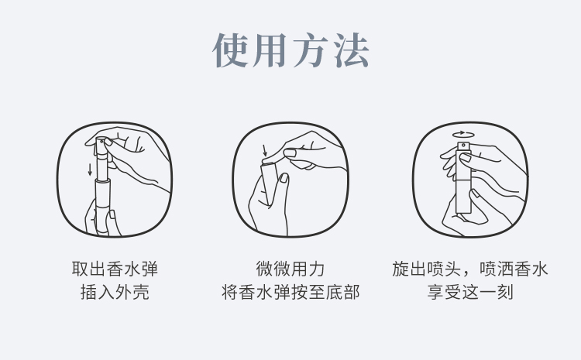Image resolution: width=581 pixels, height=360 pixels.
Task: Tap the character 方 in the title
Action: click(x=311, y=50)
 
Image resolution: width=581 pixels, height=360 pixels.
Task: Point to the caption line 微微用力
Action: click(x=290, y=269)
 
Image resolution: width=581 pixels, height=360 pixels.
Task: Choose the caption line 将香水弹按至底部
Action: click(x=290, y=293)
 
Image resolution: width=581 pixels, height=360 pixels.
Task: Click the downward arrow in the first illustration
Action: click(x=91, y=169)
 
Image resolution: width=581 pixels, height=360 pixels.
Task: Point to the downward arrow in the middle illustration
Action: click(x=265, y=150)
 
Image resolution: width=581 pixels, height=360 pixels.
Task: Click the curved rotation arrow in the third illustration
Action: click(x=462, y=134)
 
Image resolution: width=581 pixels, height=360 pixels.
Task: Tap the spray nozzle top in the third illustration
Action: click(x=462, y=147)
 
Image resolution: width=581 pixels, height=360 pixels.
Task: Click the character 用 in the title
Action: click(x=271, y=50)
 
